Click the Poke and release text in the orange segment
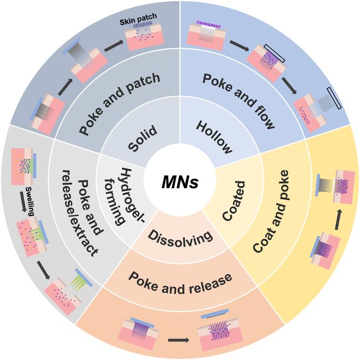click(180, 278)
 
